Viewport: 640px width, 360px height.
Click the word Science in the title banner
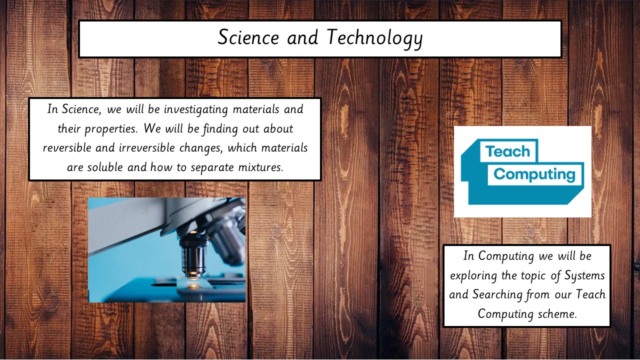248,37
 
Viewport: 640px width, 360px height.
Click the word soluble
105,167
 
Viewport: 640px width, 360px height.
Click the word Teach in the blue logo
507,151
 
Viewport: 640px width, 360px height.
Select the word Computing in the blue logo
534,174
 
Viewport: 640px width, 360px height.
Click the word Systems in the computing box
584,276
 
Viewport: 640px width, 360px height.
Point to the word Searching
497,295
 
